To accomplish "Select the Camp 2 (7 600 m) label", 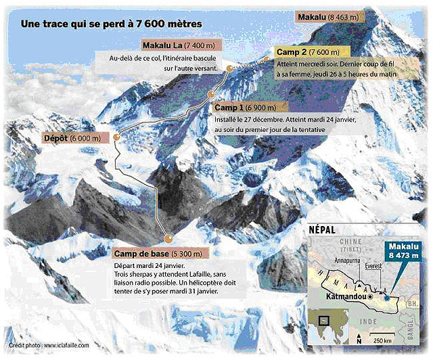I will (x=306, y=51).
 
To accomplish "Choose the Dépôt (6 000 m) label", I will (x=72, y=138).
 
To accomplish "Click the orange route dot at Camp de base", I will (x=168, y=238).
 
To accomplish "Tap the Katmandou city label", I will (x=342, y=296).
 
